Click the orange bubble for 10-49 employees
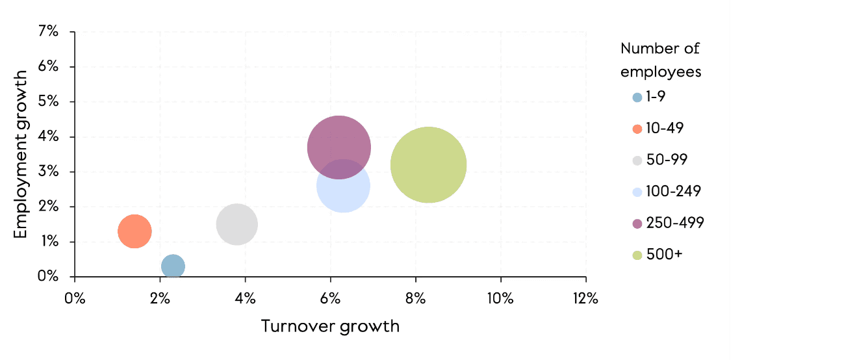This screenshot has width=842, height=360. [x=134, y=231]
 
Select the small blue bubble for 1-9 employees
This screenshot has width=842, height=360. [x=173, y=266]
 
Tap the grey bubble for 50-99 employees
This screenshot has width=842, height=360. [x=236, y=224]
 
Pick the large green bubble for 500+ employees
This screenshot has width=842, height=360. [x=428, y=165]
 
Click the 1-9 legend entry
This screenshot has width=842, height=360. [x=650, y=97]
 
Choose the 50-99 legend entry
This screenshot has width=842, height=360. [x=659, y=160]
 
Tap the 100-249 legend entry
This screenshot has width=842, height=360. [x=667, y=192]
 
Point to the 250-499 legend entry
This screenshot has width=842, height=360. [x=668, y=223]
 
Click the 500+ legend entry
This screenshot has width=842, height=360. [x=657, y=255]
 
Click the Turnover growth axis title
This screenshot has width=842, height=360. [x=330, y=326]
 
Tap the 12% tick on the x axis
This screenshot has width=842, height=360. [x=585, y=298]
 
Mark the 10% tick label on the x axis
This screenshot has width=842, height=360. [x=500, y=298]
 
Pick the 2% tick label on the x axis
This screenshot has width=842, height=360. [x=160, y=298]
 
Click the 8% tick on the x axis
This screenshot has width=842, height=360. [x=415, y=298]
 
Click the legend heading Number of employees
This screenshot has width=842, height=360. [x=661, y=60]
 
